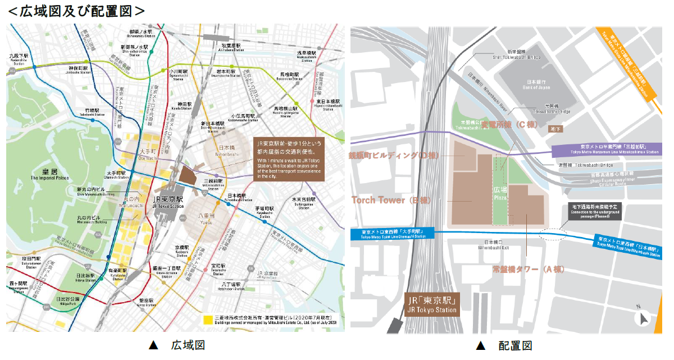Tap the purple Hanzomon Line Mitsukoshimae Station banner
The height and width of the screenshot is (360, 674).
[x=606, y=150]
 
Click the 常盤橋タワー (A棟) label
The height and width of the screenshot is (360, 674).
[x=528, y=270]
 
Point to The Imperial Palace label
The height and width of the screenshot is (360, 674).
[x=50, y=175]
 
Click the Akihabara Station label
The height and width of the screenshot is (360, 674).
[x=231, y=47]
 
